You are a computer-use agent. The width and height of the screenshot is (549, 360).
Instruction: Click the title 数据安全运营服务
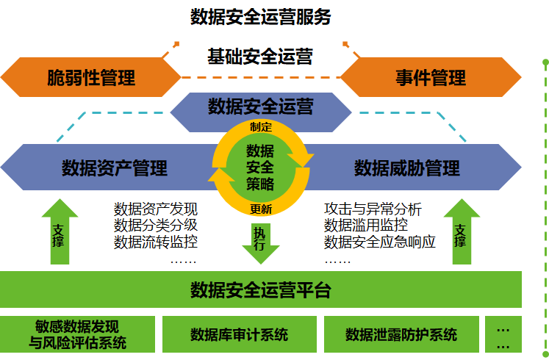[x=261, y=17]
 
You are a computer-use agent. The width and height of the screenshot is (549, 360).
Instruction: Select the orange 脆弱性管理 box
[x=91, y=78]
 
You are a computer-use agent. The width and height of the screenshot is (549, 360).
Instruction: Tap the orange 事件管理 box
[x=430, y=78]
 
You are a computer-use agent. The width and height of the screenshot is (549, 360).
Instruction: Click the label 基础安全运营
[x=260, y=56]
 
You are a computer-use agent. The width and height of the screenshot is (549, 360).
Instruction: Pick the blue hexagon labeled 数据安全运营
[x=260, y=107]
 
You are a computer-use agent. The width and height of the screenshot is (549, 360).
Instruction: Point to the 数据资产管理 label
[x=115, y=168]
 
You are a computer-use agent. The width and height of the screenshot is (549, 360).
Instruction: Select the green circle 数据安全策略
[x=260, y=168]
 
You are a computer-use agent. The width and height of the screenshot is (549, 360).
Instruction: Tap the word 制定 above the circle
[x=260, y=126]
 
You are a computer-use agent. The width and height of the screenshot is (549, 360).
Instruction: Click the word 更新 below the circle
[x=260, y=209]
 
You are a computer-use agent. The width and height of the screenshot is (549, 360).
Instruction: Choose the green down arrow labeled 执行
[x=260, y=241]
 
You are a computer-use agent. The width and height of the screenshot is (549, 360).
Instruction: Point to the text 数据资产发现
[x=156, y=209]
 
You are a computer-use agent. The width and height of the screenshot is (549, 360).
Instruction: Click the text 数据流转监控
[x=156, y=241]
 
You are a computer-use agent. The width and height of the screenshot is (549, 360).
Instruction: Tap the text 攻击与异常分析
[x=373, y=209]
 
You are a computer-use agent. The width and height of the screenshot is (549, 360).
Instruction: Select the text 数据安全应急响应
[x=380, y=241]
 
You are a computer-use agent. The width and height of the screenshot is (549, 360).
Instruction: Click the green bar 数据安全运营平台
[x=260, y=289]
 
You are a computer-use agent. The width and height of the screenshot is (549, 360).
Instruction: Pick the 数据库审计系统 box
[x=239, y=335]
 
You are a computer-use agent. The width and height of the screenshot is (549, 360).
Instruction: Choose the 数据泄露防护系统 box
[x=401, y=335]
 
